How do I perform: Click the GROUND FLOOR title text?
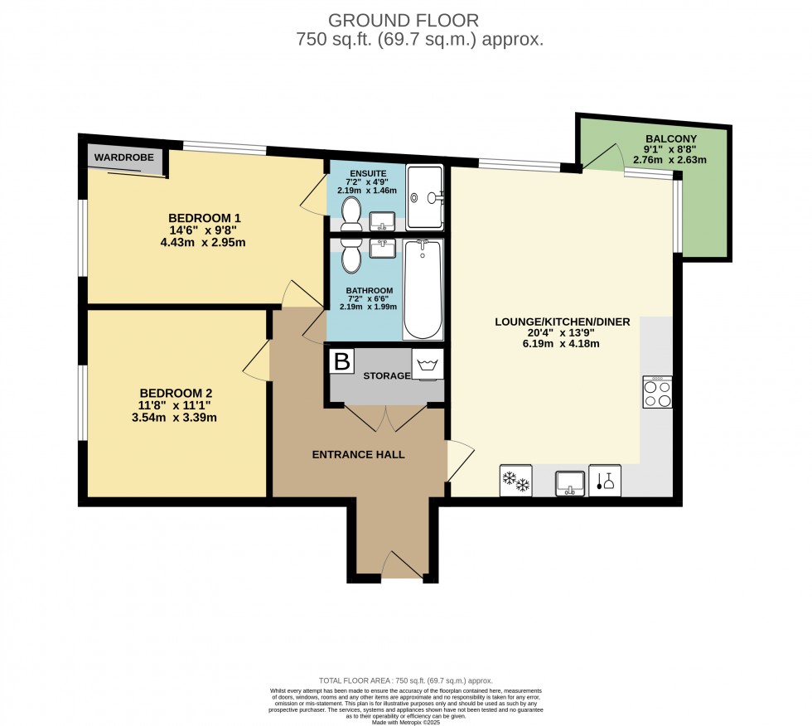[403, 20]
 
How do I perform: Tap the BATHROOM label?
[369, 290]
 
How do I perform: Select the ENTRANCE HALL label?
[358, 454]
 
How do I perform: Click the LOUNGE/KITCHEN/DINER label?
[563, 322]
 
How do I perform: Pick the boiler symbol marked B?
[341, 361]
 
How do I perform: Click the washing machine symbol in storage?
[428, 365]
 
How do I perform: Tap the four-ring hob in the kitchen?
[657, 392]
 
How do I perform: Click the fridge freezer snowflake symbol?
[515, 481]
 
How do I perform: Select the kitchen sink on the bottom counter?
[570, 481]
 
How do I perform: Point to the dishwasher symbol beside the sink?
[604, 481]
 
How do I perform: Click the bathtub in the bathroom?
[423, 290]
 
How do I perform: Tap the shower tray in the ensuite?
[425, 197]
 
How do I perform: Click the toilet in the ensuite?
[350, 212]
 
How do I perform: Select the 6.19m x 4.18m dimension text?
[563, 344]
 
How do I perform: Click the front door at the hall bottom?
[402, 568]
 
